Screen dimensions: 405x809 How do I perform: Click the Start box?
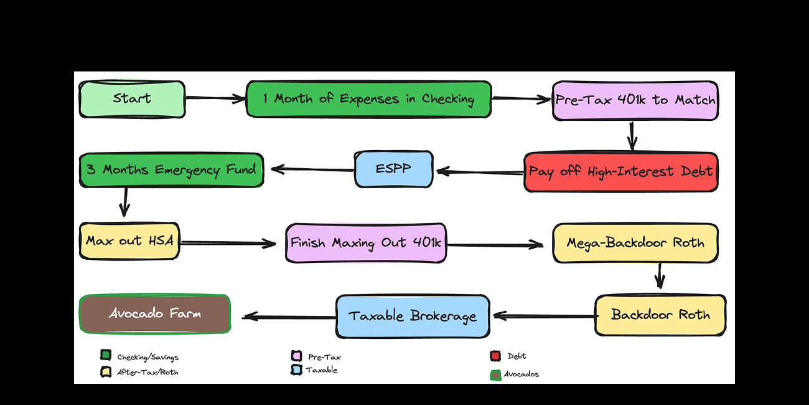[x=132, y=99]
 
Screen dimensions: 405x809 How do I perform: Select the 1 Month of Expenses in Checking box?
[x=368, y=99]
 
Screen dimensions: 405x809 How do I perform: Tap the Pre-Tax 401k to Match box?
[x=635, y=100]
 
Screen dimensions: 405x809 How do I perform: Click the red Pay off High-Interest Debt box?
[x=620, y=171]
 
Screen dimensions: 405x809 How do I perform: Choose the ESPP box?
[x=393, y=169]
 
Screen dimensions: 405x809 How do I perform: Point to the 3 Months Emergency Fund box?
[x=171, y=169]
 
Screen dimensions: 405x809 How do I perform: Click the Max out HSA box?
[x=130, y=241]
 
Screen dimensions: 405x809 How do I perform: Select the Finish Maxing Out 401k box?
[x=365, y=242]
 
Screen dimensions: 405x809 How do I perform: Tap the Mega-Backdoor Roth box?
[x=635, y=242]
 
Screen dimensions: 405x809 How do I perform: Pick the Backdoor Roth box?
[x=660, y=315]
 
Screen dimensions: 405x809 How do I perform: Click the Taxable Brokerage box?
[x=413, y=316]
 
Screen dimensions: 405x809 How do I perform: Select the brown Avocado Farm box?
[x=155, y=313]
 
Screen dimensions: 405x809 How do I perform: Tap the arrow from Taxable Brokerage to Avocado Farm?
[x=289, y=317]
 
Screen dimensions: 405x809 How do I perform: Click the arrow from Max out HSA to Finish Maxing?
[x=228, y=243]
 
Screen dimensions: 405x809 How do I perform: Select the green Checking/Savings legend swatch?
[x=105, y=356]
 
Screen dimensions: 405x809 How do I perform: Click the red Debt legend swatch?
[x=495, y=356]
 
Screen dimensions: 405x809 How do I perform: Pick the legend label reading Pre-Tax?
[x=324, y=357]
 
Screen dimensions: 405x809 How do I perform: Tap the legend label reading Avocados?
[x=521, y=374]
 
